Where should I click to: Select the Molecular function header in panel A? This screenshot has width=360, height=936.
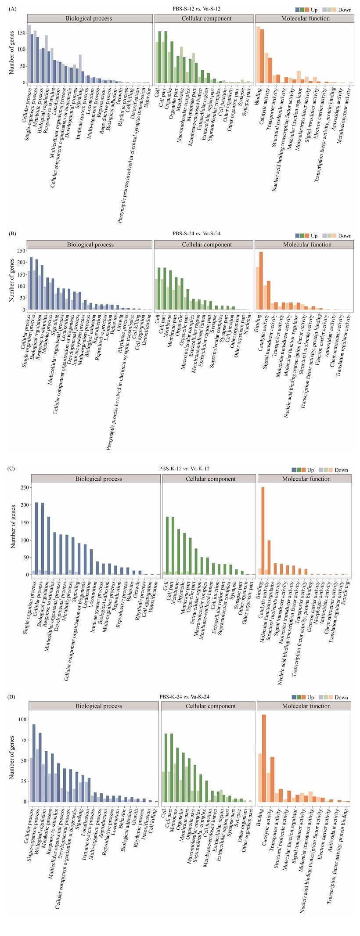(x=305, y=18)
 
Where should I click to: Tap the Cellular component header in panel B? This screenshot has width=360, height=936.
(x=204, y=245)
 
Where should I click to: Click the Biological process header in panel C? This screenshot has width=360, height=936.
(x=98, y=479)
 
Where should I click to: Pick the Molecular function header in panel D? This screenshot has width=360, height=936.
(x=306, y=706)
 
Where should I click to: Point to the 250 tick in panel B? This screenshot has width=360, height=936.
(x=19, y=251)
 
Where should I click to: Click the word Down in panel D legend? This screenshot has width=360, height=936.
(x=341, y=697)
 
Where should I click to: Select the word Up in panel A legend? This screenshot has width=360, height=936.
(x=314, y=10)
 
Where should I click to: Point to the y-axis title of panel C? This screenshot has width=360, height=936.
(x=13, y=526)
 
